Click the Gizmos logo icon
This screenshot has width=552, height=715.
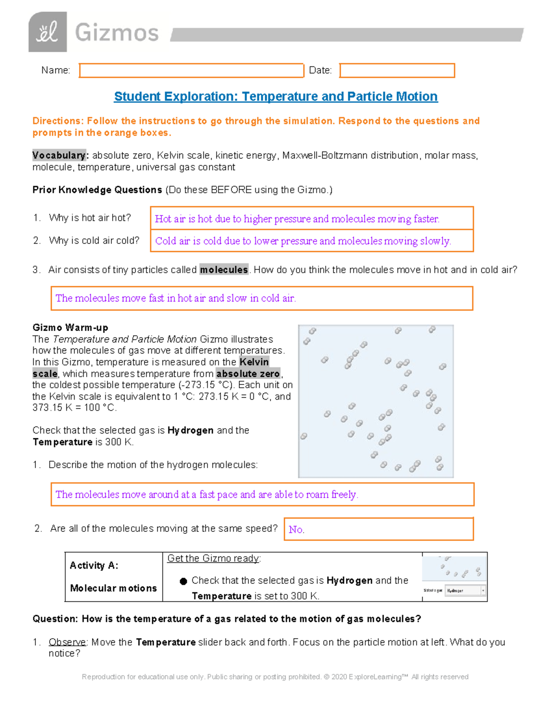pyautogui.click(x=47, y=32)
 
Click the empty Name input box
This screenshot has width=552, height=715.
pyautogui.click(x=191, y=70)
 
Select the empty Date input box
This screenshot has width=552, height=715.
pyautogui.click(x=397, y=70)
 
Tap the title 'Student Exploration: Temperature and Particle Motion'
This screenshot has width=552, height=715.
pyautogui.click(x=276, y=97)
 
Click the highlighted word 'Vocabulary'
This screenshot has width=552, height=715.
pyautogui.click(x=59, y=156)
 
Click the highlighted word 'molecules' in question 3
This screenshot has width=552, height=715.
pyautogui.click(x=224, y=270)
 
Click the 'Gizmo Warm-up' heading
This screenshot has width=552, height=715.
pyautogui.click(x=70, y=328)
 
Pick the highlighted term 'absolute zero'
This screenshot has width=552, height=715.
pyautogui.click(x=248, y=374)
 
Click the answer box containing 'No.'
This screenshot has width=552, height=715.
pyautogui.click(x=379, y=529)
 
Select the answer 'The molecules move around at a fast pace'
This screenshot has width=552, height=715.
pyautogui.click(x=207, y=494)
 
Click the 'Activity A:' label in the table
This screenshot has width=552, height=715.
pyautogui.click(x=94, y=566)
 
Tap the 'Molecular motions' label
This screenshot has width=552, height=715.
pyautogui.click(x=114, y=588)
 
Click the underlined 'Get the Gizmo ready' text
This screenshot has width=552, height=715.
pyautogui.click(x=213, y=558)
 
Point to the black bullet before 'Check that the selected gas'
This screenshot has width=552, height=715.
pyautogui.click(x=183, y=581)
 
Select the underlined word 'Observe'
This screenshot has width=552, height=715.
pyautogui.click(x=67, y=642)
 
